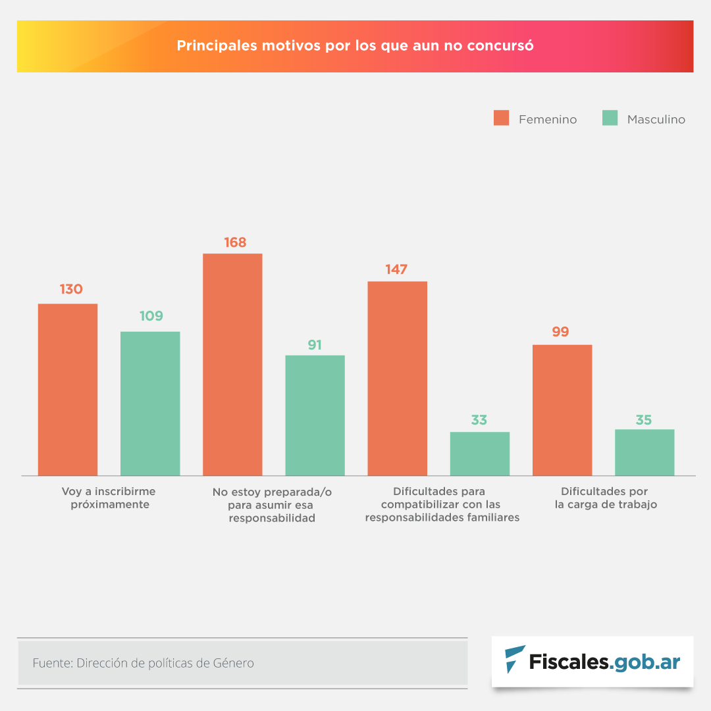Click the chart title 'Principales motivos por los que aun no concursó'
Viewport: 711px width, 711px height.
coord(355,46)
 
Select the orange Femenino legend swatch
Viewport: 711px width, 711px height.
coord(502,118)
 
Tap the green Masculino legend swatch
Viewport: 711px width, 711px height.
coord(610,118)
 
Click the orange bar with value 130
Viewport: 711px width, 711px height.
coord(68,389)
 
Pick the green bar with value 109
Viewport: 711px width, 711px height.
coord(150,403)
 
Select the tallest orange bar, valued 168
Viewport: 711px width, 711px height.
coord(232,364)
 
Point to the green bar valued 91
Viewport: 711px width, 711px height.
coord(315,415)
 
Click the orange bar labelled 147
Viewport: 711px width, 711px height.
coord(397,378)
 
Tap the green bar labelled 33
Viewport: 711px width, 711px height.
coord(479,453)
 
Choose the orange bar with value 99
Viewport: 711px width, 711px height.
coord(562,409)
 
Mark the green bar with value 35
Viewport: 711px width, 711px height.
coord(644,452)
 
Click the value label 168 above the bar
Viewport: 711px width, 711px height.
coord(235,242)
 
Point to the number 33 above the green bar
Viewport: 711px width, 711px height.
coord(479,420)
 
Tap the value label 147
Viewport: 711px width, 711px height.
coord(397,269)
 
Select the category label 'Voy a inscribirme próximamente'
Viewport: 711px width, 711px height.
coord(109,498)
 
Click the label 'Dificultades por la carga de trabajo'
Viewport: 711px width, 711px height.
coord(605,498)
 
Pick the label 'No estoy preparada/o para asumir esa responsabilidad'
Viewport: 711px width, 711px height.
coord(272,505)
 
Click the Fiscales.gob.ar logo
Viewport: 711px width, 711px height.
coord(592,661)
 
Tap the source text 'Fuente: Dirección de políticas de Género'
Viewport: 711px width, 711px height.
coord(143,663)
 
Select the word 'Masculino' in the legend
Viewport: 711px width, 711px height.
coord(656,119)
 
